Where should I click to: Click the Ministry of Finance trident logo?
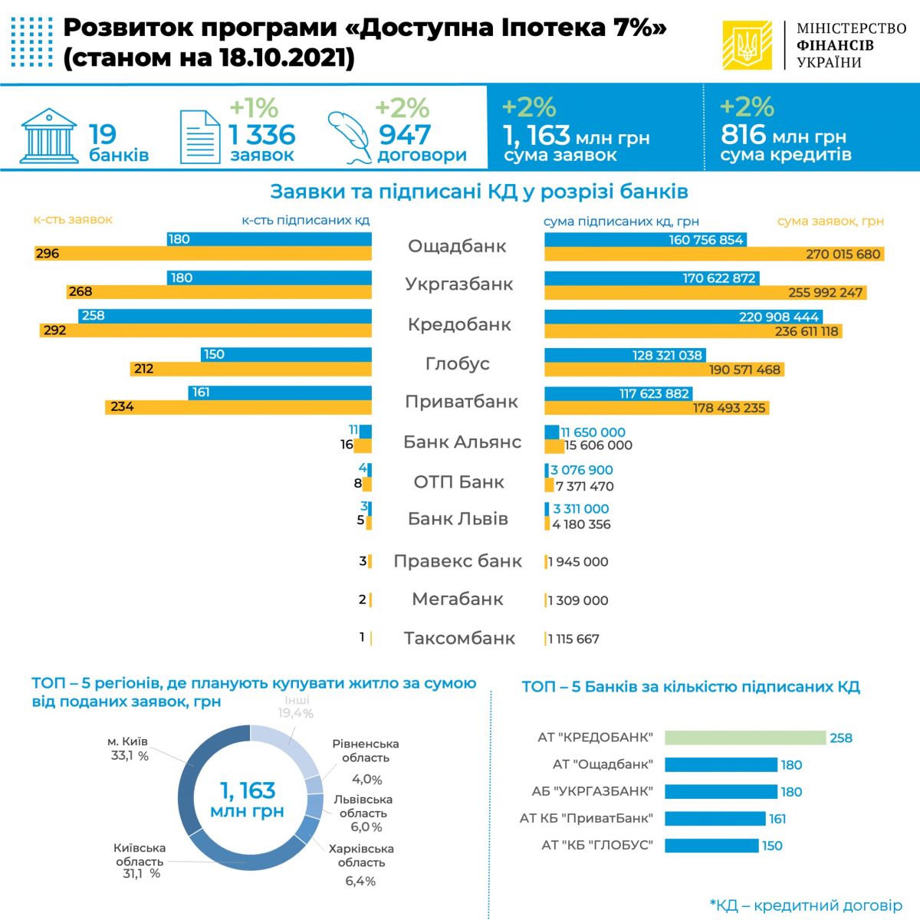[x=746, y=45]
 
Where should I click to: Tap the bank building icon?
[x=49, y=135]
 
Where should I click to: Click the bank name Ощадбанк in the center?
[x=457, y=246]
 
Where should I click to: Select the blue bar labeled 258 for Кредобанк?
[x=225, y=316]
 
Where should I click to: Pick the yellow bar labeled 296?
[x=203, y=254]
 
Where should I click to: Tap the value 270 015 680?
[x=843, y=254]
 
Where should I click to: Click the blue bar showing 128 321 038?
[x=625, y=355]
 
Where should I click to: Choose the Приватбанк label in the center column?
[x=461, y=402]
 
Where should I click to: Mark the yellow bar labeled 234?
[x=238, y=407]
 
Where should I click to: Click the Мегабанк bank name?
[x=457, y=599]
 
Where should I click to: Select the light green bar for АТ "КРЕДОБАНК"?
[x=744, y=738]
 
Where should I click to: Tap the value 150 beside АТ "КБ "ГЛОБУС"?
[x=772, y=846]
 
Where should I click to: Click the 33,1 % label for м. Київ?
[x=130, y=756]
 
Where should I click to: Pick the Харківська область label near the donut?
[x=361, y=856]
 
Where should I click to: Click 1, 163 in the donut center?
[x=247, y=790]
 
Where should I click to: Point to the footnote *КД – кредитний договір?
[x=806, y=905]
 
